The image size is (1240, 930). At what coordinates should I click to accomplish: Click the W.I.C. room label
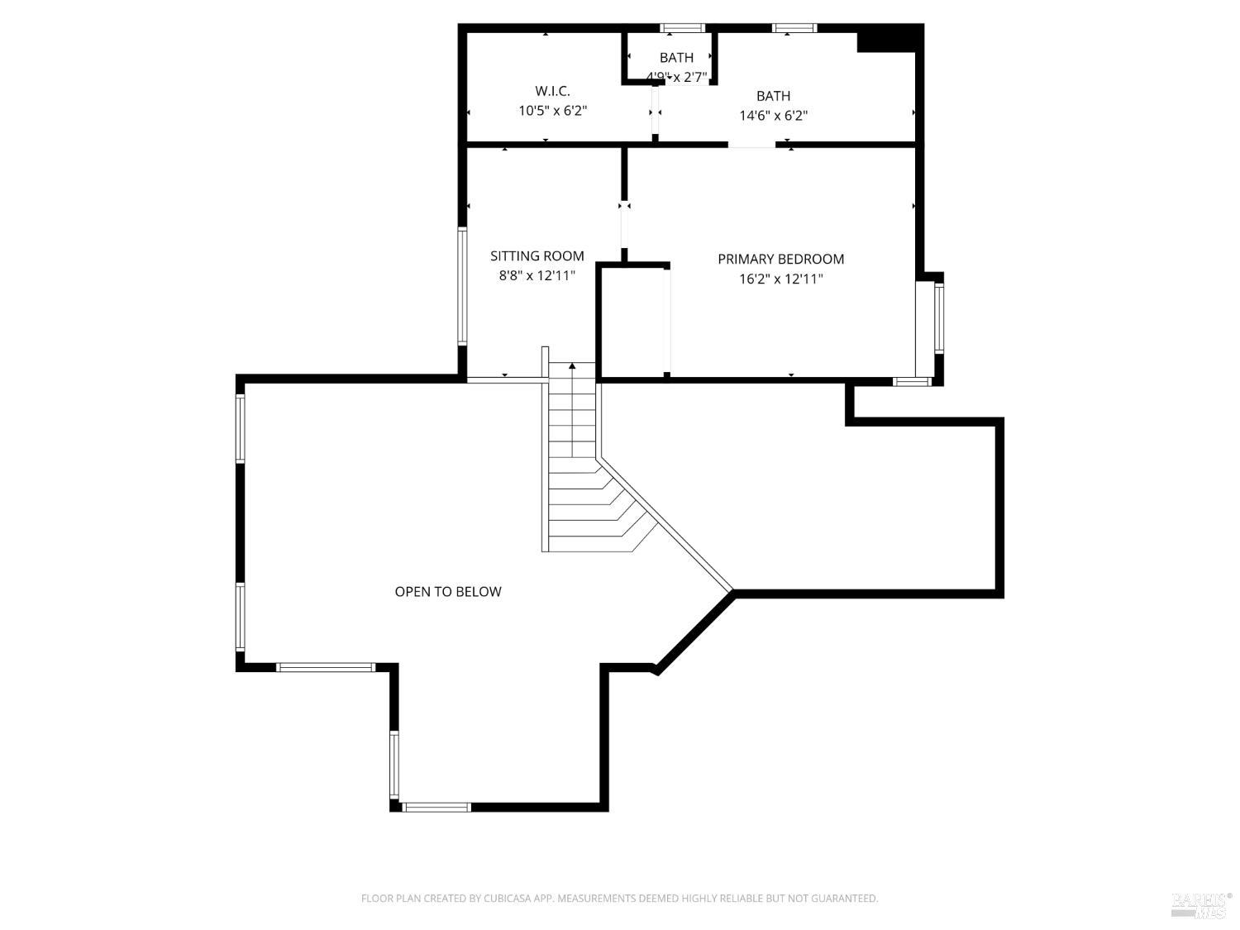tap(552, 91)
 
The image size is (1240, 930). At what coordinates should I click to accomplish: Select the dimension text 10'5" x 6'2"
tap(552, 111)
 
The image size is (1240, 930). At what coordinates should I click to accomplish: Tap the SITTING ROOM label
tap(537, 256)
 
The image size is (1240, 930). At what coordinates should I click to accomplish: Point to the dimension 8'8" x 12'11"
tap(537, 276)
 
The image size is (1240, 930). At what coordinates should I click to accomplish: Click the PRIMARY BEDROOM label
tap(780, 260)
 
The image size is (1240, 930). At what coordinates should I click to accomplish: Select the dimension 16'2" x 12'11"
tap(780, 279)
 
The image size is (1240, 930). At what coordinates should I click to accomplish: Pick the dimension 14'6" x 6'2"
tap(773, 116)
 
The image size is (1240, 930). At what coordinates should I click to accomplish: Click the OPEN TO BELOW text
tap(447, 592)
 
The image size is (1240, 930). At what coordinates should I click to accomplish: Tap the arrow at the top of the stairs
tap(572, 366)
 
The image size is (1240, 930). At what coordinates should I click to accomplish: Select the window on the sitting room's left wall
tap(463, 285)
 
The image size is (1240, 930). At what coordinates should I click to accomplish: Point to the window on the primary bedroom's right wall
tap(938, 318)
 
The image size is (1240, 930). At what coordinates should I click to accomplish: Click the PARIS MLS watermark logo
tap(1201, 904)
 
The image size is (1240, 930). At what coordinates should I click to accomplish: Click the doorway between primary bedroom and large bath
tap(751, 145)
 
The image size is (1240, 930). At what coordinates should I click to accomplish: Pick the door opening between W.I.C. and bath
tap(656, 112)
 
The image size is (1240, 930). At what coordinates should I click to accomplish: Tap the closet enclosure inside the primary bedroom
tap(632, 322)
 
